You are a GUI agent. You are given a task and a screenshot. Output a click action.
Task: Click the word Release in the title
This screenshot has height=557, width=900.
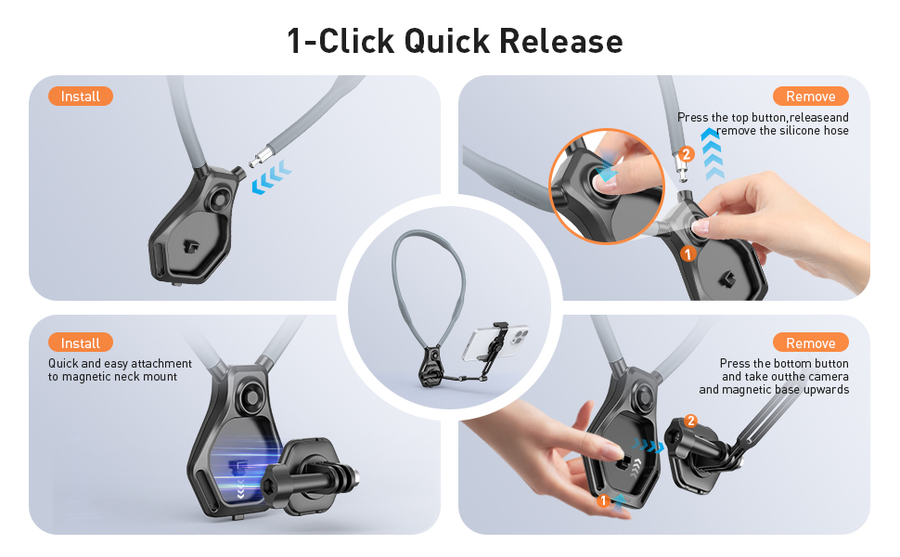pyautogui.click(x=560, y=42)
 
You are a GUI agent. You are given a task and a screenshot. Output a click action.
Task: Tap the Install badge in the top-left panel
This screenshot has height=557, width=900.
pyautogui.click(x=81, y=97)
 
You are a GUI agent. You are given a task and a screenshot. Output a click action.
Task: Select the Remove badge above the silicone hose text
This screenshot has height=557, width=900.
pyautogui.click(x=810, y=97)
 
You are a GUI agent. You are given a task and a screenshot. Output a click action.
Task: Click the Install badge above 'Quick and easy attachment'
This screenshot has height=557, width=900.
pyautogui.click(x=81, y=343)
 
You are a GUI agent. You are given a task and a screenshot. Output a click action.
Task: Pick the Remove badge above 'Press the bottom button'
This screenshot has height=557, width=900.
pyautogui.click(x=810, y=343)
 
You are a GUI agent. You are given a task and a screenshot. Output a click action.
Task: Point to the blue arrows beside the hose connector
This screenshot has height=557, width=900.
pyautogui.click(x=272, y=176)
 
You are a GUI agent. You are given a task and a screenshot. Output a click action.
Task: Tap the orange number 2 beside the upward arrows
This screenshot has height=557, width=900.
pyautogui.click(x=686, y=154)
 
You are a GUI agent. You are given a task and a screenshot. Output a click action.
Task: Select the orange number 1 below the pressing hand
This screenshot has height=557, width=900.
pyautogui.click(x=688, y=253)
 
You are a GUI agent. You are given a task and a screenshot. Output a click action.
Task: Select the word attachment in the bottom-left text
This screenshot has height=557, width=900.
pyautogui.click(x=159, y=364)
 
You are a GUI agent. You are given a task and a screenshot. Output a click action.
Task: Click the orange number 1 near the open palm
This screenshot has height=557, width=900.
pyautogui.click(x=603, y=501)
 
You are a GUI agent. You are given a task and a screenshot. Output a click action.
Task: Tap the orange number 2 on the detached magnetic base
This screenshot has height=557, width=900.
pyautogui.click(x=689, y=421)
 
